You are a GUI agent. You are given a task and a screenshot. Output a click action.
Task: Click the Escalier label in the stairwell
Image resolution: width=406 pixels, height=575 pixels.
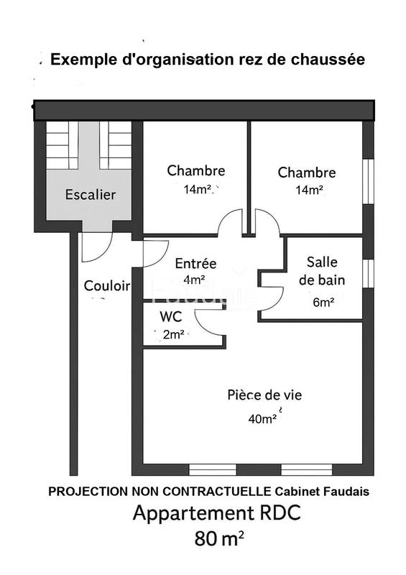91,194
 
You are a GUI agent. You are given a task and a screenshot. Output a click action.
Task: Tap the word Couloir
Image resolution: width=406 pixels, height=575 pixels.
107,285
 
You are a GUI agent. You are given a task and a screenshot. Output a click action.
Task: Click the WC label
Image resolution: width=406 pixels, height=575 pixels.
170,317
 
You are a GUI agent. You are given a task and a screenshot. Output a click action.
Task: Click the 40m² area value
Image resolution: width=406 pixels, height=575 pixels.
263,418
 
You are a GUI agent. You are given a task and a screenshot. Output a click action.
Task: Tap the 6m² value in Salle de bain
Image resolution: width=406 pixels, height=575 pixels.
323,303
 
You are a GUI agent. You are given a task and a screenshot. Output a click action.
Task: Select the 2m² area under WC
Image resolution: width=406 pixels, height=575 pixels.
174,334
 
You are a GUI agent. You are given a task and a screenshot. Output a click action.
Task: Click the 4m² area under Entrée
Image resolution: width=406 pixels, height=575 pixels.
194,280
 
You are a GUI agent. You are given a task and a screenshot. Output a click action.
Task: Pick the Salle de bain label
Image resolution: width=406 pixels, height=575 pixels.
322,271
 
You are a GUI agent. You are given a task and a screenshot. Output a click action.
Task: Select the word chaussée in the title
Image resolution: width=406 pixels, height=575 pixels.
331,60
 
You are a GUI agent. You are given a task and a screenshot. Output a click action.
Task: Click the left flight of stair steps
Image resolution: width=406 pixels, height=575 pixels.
63,146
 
